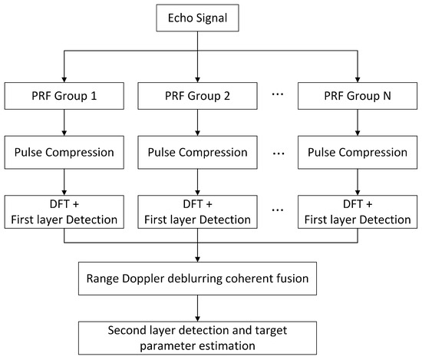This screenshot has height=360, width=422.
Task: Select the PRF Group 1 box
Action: (x=64, y=98)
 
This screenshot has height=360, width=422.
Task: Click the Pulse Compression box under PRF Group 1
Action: (x=64, y=152)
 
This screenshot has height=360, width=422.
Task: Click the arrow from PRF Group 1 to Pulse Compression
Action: (x=64, y=125)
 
